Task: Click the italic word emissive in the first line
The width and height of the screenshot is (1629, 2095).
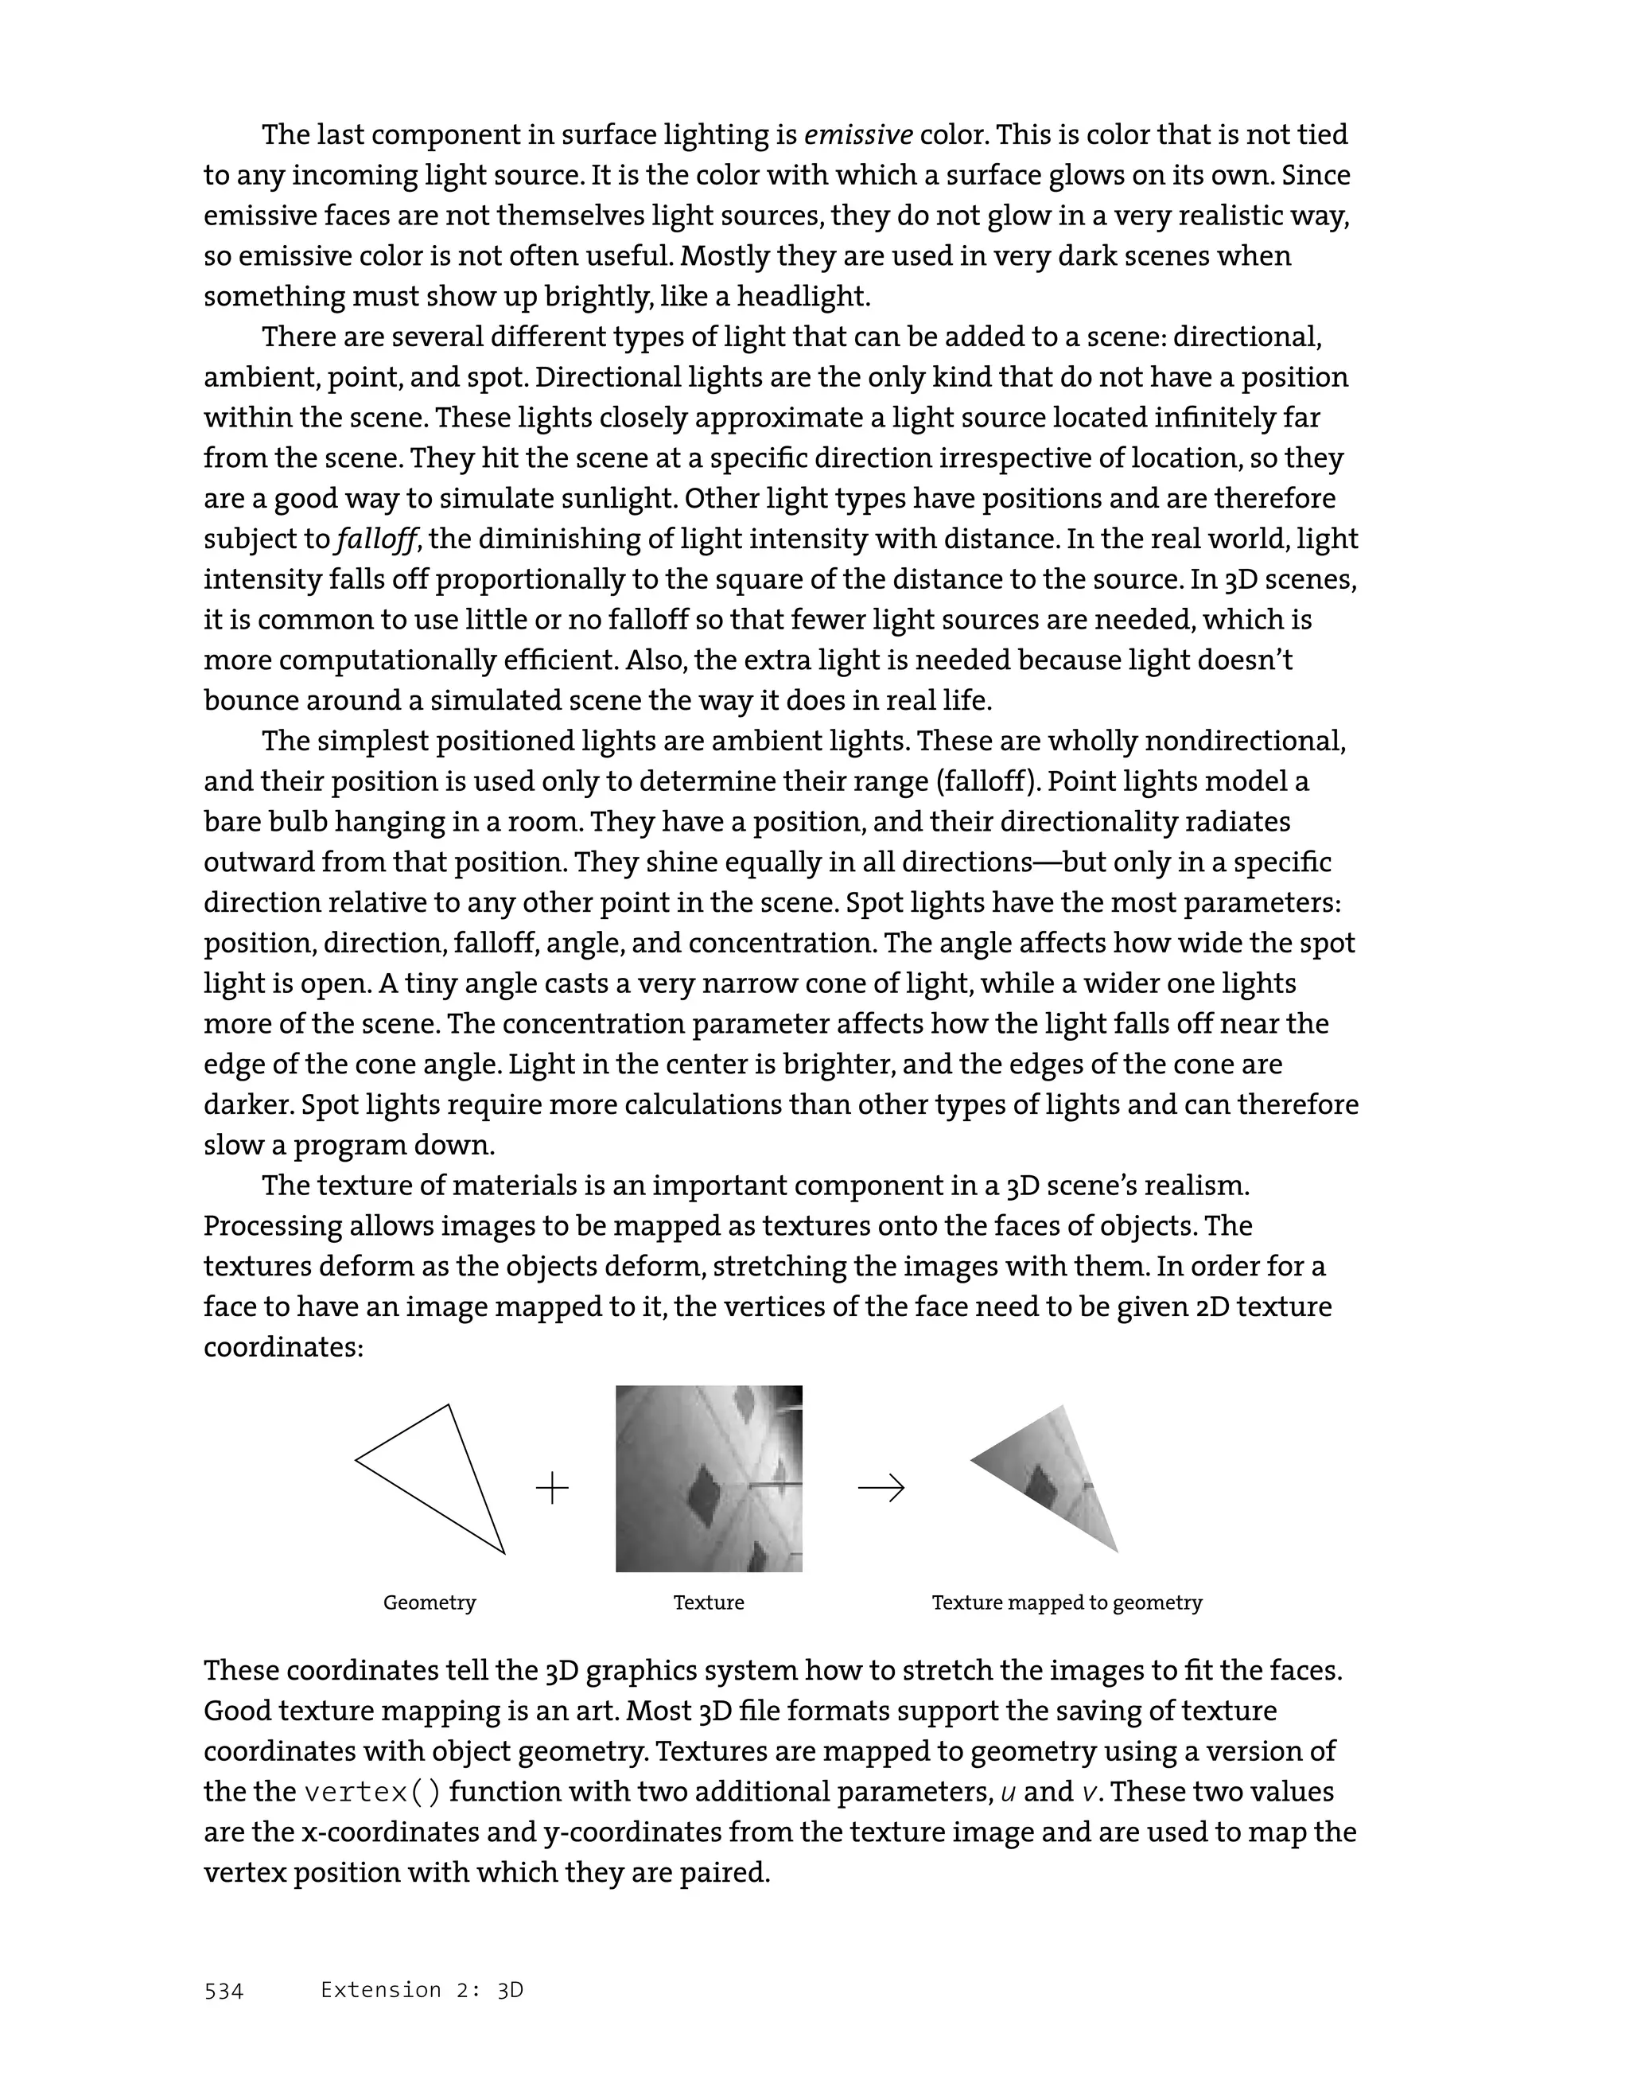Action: coord(858,135)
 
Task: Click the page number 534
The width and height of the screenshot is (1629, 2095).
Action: coord(224,1992)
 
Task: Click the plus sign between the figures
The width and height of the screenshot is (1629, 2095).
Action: coord(552,1488)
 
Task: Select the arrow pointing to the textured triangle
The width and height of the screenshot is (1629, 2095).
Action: coord(881,1488)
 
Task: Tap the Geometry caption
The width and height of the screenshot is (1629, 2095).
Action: coord(430,1603)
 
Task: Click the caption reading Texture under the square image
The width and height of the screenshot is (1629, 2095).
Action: coord(709,1603)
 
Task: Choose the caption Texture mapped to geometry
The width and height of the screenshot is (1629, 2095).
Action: coord(1066,1603)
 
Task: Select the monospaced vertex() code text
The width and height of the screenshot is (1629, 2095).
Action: coord(373,1792)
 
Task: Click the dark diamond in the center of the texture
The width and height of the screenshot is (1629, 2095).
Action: coord(710,1492)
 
